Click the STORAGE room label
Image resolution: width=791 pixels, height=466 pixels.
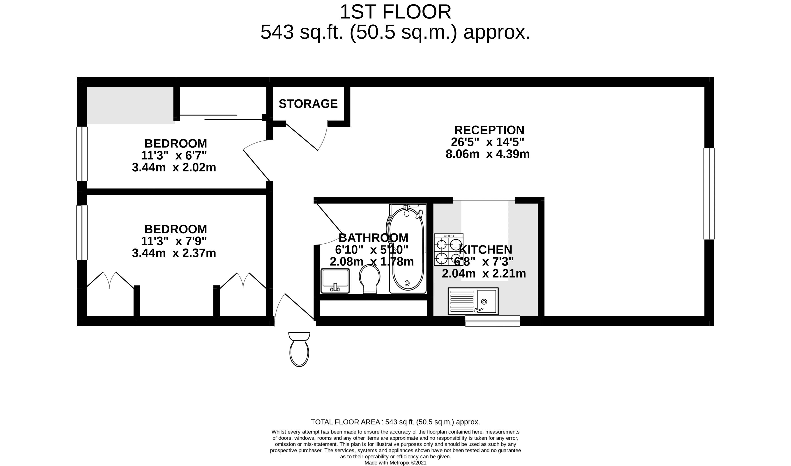click(x=308, y=104)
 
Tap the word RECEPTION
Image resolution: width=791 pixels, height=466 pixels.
click(x=489, y=130)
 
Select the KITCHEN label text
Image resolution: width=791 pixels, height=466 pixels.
click(x=485, y=250)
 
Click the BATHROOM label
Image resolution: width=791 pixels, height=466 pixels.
click(x=373, y=238)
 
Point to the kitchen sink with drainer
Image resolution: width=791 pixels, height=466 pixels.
click(x=473, y=301)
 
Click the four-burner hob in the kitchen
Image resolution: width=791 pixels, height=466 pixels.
click(x=448, y=250)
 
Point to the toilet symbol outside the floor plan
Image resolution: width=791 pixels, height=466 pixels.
click(x=299, y=349)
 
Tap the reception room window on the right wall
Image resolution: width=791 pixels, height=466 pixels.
click(x=709, y=194)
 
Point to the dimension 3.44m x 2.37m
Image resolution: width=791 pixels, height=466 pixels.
click(x=174, y=253)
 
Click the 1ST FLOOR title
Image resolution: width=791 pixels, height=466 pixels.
click(x=395, y=12)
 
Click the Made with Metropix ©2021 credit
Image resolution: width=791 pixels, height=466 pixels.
click(x=395, y=463)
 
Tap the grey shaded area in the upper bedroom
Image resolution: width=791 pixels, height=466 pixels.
click(x=131, y=105)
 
